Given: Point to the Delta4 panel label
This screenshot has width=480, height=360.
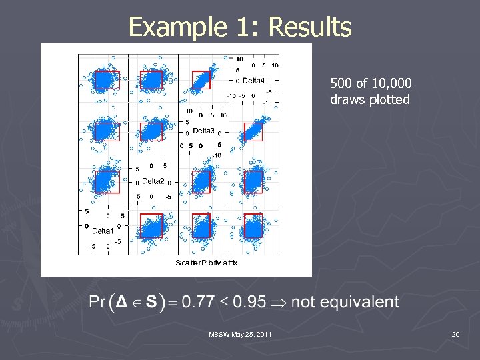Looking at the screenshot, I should coord(253,81).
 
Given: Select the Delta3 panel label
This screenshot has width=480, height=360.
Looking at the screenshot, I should coord(203,131).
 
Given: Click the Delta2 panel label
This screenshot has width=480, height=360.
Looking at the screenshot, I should coord(153,181).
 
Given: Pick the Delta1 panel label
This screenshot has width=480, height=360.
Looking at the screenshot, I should coord(103,231).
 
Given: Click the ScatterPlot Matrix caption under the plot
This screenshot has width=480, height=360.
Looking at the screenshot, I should coord(207,263).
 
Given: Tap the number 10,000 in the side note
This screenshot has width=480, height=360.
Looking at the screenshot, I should coord(393,84).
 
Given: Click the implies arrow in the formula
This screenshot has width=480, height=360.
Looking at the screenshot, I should coord(279,302).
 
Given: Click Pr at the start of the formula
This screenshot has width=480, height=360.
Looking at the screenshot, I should coord(97,302).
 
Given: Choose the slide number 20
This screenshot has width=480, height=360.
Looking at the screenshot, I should coord(455,333).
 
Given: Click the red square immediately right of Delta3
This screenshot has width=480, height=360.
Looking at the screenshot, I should coord(253,132).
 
